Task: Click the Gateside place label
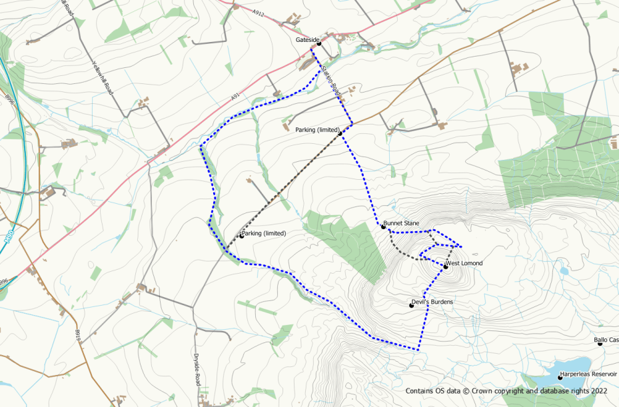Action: [307, 40]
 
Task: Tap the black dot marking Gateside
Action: [319, 43]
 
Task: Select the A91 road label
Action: [235, 97]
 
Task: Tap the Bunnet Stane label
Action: [402, 222]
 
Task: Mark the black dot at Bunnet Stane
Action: [383, 227]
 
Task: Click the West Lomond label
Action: [465, 263]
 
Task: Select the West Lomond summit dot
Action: [446, 266]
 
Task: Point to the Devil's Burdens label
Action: [433, 302]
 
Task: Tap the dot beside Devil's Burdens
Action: [411, 305]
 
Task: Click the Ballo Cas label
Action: [607, 340]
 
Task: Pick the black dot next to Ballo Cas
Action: [600, 343]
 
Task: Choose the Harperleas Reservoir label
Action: [590, 374]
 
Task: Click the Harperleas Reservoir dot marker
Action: [560, 378]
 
